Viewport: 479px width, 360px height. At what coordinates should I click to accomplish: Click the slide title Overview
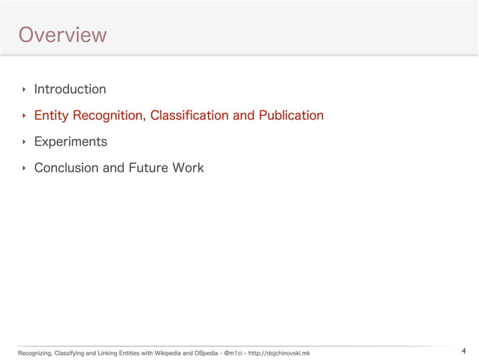(62, 35)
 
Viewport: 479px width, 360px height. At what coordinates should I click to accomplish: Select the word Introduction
(70, 89)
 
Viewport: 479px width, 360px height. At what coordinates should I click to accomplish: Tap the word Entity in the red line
(51, 116)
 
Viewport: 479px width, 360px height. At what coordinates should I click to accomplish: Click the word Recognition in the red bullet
(108, 116)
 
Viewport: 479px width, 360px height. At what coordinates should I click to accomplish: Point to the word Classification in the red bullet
(189, 116)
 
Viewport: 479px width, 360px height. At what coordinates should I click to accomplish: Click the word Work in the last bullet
(188, 168)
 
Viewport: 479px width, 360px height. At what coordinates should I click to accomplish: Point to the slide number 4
(463, 351)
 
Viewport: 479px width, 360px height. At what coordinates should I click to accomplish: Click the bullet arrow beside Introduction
(24, 90)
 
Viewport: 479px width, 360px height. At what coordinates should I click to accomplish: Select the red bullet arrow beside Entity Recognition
(24, 116)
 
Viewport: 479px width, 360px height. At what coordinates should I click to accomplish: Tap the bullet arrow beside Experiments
(24, 142)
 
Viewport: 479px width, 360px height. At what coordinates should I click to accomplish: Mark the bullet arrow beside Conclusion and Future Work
(24, 168)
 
